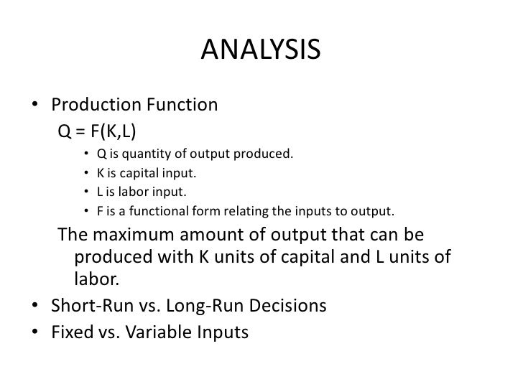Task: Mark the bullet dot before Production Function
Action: [x=35, y=106]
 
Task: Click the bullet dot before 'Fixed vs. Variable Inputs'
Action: [x=35, y=334]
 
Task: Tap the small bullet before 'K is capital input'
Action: [x=85, y=174]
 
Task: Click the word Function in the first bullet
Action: [x=182, y=106]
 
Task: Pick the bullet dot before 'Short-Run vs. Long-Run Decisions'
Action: [x=35, y=307]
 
